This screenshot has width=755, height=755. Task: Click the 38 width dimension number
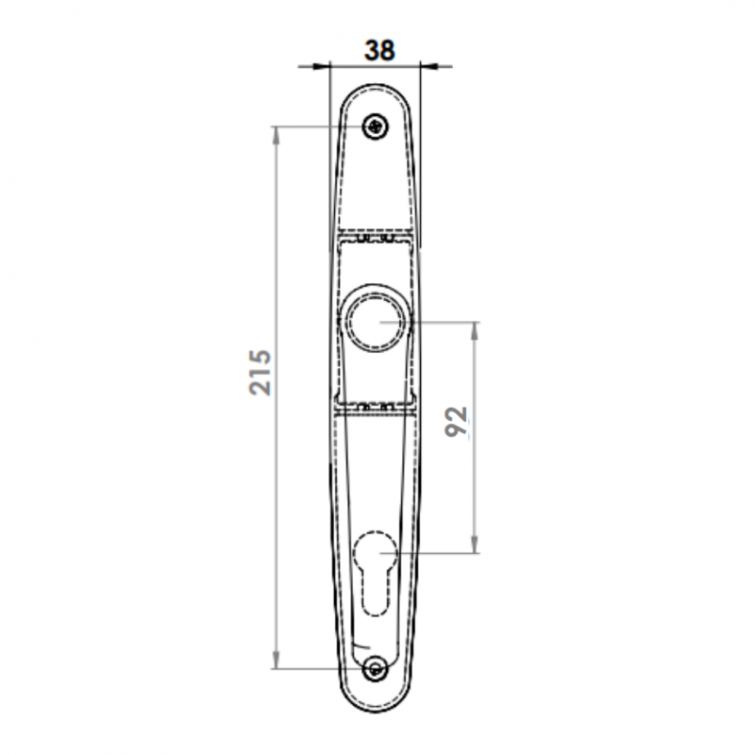click(x=379, y=50)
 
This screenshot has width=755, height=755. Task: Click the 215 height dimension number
click(x=260, y=372)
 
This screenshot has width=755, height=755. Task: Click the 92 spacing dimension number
click(x=456, y=422)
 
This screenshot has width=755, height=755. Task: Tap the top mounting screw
click(x=376, y=126)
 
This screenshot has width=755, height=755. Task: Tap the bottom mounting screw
click(x=376, y=669)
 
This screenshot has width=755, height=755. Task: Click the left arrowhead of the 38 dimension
click(x=322, y=66)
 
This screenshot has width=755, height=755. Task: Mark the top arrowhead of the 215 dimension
click(x=276, y=135)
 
